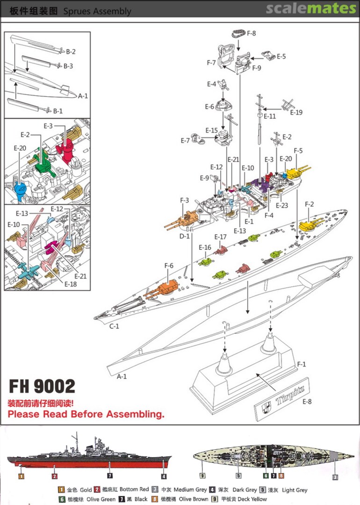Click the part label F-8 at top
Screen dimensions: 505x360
251,34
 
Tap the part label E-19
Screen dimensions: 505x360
296,112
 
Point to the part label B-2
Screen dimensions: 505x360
71,51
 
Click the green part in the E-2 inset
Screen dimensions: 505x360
43,162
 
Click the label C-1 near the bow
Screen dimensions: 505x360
115,326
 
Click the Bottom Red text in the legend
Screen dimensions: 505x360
134,490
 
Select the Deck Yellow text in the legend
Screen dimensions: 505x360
250,499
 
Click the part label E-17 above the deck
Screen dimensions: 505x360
221,237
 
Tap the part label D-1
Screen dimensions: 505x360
185,236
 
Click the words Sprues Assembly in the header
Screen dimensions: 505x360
97,11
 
